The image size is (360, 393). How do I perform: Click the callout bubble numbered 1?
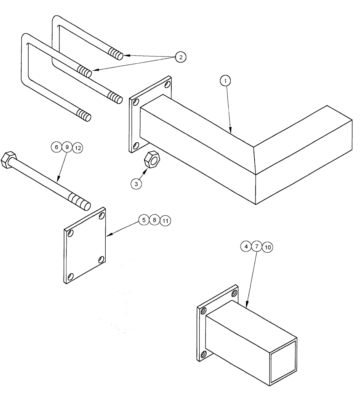point(225,81)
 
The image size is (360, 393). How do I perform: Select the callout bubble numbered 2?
point(180,57)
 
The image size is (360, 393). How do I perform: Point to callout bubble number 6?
point(56,147)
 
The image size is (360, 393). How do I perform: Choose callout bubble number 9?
point(67,147)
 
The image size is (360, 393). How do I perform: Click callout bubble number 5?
point(144,220)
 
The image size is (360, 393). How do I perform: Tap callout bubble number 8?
point(155,220)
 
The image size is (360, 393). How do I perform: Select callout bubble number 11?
point(165,221)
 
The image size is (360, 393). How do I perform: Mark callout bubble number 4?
point(246,246)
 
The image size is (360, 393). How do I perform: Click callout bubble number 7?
point(256,246)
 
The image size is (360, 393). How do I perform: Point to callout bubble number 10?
point(267,247)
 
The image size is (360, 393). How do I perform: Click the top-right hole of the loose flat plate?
point(102,216)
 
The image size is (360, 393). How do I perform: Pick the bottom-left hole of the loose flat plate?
point(70,275)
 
